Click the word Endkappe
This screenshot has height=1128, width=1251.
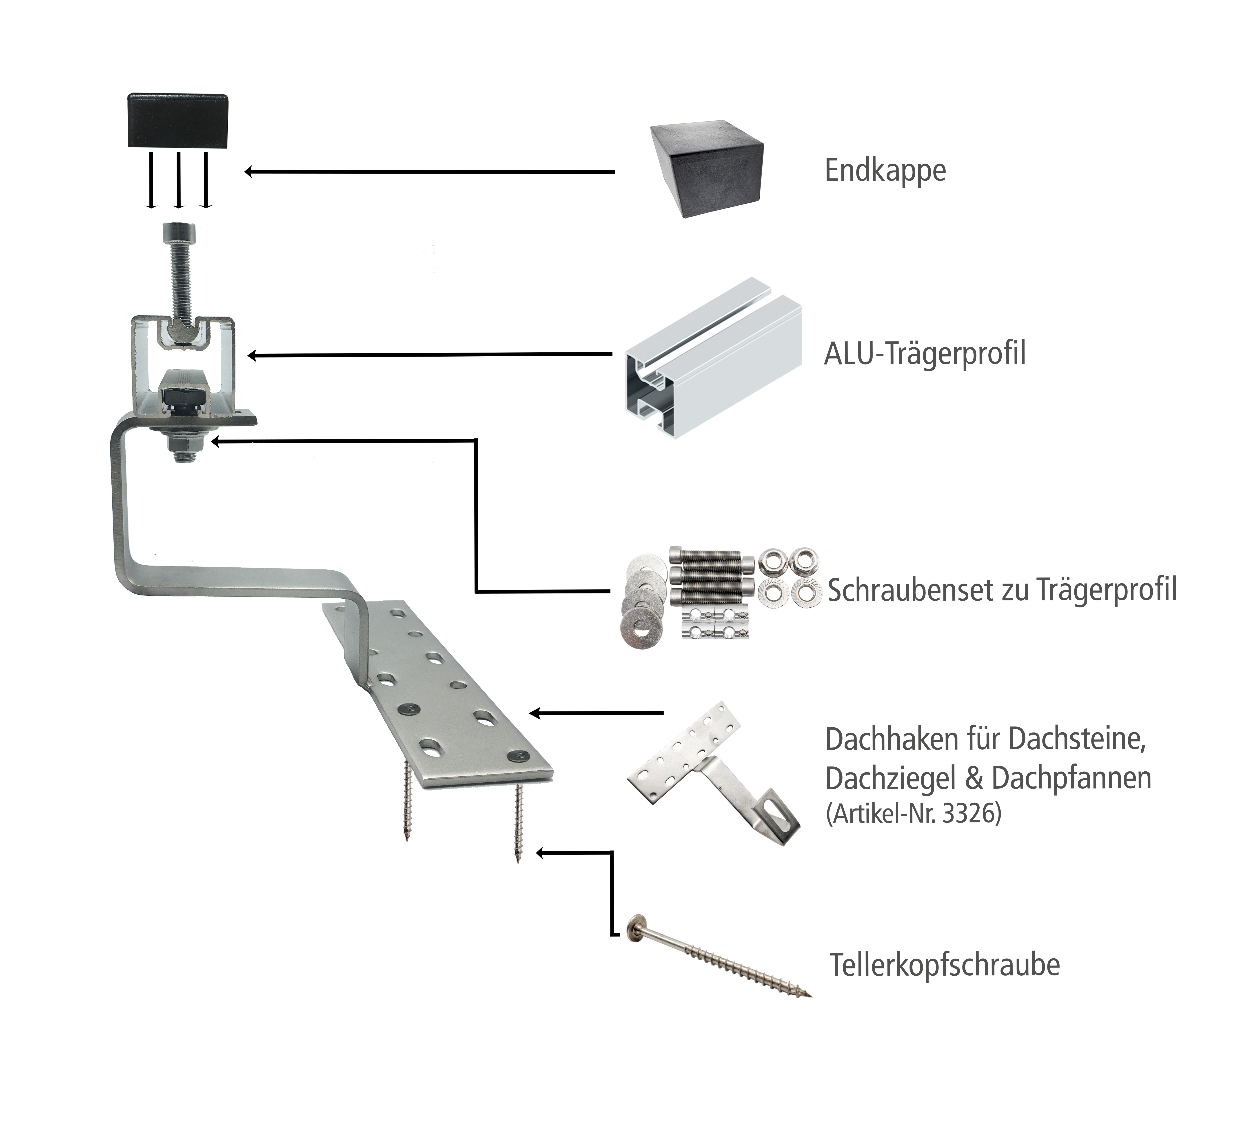(x=885, y=171)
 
